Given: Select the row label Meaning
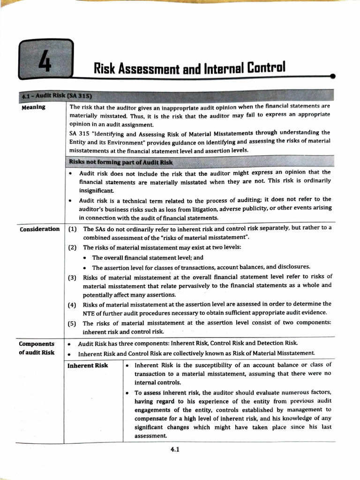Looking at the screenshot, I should click(x=34, y=107).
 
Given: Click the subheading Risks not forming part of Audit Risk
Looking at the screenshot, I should click(x=120, y=162).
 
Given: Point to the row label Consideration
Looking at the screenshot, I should click(x=39, y=229).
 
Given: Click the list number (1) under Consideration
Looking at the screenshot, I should click(x=72, y=229).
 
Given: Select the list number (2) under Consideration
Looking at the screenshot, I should click(x=72, y=247).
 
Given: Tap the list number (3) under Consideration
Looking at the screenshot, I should click(x=72, y=277).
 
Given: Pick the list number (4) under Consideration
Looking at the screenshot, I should click(x=72, y=304).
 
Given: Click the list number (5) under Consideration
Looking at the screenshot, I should click(x=72, y=323).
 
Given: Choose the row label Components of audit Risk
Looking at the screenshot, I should click(x=37, y=348).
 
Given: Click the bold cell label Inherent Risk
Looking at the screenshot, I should click(x=88, y=366).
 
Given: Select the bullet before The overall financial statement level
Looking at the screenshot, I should click(x=84, y=258).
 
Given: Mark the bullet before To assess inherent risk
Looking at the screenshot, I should click(x=128, y=392).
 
